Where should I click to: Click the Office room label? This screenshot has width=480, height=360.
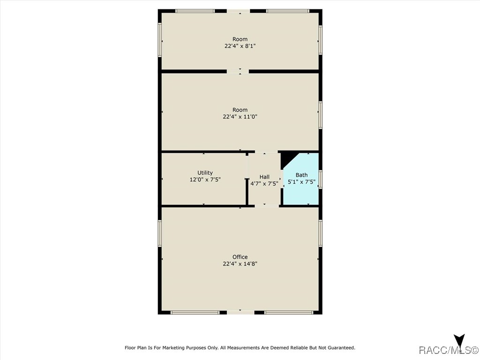[240, 257]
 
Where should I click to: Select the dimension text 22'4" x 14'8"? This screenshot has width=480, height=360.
[240, 264]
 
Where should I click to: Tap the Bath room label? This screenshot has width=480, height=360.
[301, 175]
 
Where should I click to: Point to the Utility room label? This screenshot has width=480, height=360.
[205, 172]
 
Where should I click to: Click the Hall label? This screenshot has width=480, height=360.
[264, 177]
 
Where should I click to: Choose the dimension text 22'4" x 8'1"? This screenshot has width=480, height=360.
[240, 46]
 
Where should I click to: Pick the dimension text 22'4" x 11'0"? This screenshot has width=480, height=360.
[240, 117]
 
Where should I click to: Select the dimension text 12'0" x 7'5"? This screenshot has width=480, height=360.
[205, 180]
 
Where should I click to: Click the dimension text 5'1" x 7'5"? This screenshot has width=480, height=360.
[301, 182]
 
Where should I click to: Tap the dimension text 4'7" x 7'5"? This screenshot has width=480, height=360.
[264, 184]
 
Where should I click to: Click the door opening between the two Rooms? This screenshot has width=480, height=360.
[238, 71]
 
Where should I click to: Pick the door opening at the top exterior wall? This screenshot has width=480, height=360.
[240, 11]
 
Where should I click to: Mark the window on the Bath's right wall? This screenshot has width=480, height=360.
[321, 180]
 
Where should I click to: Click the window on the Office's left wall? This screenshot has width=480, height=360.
[159, 233]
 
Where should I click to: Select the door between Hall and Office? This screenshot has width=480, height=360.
[265, 206]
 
